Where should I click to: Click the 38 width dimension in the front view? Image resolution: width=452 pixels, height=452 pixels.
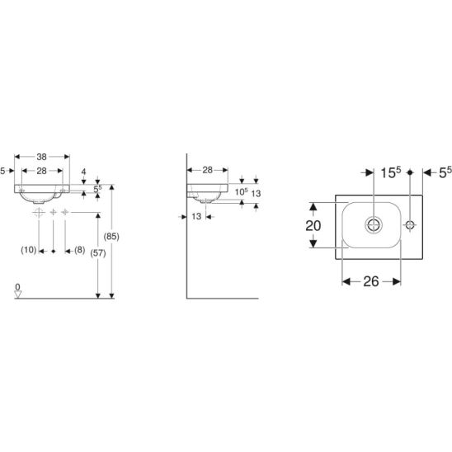coord(41,157)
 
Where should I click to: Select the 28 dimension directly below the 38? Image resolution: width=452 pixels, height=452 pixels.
coord(41,171)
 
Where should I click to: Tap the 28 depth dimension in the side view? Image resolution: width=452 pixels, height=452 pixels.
coord(207,170)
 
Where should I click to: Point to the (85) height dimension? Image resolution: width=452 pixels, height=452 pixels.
coord(111,237)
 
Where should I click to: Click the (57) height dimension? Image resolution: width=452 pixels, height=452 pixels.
coord(98,253)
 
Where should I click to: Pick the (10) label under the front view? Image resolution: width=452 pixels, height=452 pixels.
coord(29,250)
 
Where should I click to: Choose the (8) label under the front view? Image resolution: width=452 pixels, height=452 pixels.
coord(79,250)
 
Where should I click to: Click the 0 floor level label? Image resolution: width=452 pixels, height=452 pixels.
coord(17,287)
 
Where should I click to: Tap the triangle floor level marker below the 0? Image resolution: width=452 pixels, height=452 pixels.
coord(18,294)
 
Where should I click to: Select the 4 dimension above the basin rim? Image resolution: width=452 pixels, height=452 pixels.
coord(83,172)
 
